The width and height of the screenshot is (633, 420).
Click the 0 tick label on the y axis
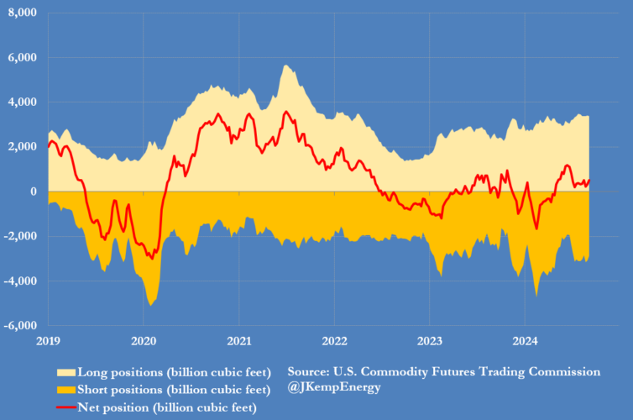coord(34,192)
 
